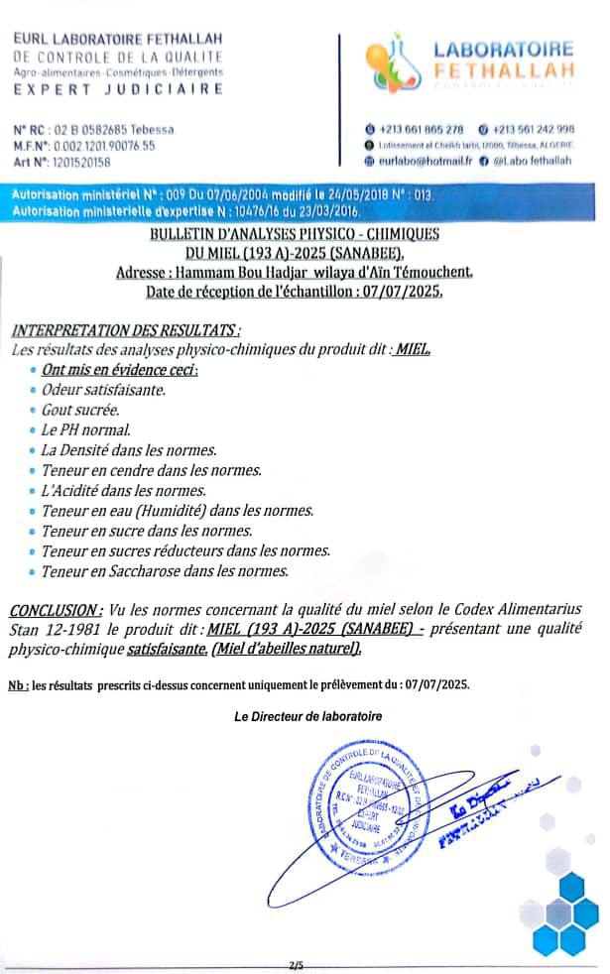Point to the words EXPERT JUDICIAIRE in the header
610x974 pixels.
click(118, 89)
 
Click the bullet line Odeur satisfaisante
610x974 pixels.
click(103, 390)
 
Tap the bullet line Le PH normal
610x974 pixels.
click(86, 429)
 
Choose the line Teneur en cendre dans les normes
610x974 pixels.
click(151, 470)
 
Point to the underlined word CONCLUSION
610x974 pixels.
click(55, 608)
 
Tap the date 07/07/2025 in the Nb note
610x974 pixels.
click(430, 684)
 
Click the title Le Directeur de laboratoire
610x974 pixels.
click(307, 716)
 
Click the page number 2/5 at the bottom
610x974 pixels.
click(297, 964)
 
